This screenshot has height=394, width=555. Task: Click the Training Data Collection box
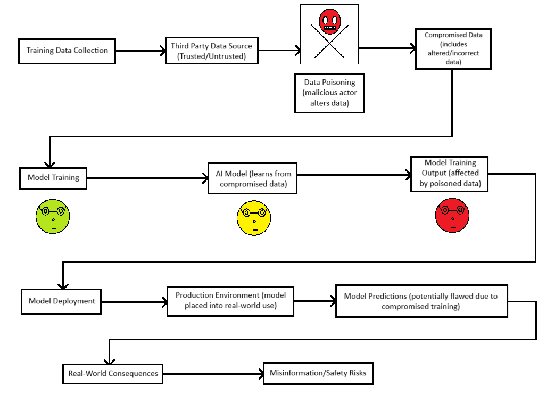67,51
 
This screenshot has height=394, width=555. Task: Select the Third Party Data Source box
211,51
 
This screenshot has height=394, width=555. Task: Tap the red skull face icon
329,21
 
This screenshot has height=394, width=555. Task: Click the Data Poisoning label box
329,93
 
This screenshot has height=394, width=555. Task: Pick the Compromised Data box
453,48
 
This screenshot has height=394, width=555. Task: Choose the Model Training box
53,178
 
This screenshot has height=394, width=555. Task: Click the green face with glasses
53,216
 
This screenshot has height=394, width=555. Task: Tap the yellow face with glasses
254,216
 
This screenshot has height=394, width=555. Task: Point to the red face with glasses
452,216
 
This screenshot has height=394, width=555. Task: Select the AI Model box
252,179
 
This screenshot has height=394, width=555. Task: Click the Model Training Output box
450,174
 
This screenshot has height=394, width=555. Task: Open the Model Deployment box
61,301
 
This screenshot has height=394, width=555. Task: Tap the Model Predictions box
421,301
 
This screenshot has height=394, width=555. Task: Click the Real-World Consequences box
113,373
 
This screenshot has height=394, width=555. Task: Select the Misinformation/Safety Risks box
318,373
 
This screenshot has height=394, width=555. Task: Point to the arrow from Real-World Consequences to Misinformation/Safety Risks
213,373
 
